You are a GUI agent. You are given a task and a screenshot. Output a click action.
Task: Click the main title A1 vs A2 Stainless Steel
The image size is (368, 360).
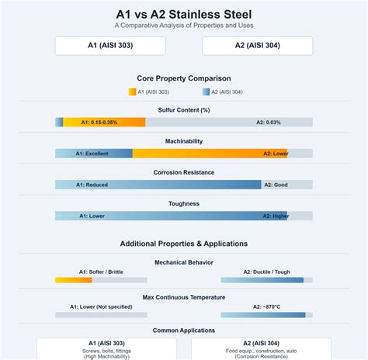click(x=184, y=14)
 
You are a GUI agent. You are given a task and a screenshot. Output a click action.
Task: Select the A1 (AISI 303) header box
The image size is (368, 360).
click(x=110, y=46)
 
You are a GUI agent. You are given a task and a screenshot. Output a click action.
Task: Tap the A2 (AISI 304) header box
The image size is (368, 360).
click(x=258, y=46)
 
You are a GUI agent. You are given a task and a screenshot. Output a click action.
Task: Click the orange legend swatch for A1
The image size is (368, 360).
click(x=132, y=92)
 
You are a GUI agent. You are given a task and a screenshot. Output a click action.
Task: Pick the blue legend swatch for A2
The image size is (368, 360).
click(x=206, y=92)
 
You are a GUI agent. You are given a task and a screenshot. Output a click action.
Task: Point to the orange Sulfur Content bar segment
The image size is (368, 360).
click(x=104, y=123)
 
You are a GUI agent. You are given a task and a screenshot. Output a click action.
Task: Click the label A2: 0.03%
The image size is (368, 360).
click(x=269, y=123)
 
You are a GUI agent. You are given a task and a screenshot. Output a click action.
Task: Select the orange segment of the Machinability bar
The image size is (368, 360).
click(x=210, y=154)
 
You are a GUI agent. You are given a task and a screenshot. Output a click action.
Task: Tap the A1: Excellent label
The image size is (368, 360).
click(x=92, y=154)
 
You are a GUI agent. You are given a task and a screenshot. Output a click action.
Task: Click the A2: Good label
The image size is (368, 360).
click(x=276, y=185)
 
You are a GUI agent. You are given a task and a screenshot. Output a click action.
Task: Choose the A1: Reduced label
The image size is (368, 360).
click(x=92, y=185)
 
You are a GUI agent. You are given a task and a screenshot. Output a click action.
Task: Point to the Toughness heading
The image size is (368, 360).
click(x=184, y=203)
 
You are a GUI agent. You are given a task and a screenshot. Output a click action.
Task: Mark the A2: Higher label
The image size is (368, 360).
click(x=276, y=216)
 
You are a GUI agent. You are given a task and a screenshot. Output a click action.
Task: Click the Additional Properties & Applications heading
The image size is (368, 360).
click(x=184, y=244)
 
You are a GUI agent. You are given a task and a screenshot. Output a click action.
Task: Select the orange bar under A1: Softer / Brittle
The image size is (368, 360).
click(x=74, y=280)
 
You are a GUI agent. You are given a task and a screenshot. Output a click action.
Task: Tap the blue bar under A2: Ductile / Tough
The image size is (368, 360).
click(x=262, y=280)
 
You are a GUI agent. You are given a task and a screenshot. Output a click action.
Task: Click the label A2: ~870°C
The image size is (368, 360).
click(x=266, y=307)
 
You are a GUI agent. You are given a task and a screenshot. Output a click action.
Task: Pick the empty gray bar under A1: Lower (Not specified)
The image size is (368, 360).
click(x=101, y=315)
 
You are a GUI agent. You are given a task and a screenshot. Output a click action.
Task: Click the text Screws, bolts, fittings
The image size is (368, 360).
click(x=106, y=351)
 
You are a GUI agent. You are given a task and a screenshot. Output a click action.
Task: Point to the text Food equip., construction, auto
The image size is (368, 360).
click(x=261, y=351)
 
